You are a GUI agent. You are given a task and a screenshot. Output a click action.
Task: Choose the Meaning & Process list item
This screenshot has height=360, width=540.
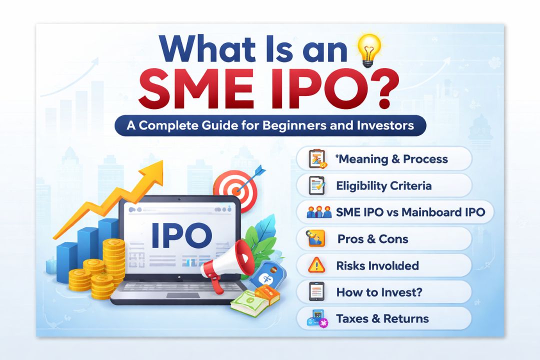point(392,159)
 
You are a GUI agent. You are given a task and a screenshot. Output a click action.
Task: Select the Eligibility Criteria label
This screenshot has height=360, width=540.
point(383,186)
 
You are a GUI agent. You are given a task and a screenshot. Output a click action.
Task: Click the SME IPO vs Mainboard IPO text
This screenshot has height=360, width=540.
point(410,212)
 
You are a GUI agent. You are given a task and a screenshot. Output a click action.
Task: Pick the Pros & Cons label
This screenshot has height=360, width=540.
point(372,239)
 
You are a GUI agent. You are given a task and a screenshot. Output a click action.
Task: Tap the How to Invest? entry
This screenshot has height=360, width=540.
point(379,292)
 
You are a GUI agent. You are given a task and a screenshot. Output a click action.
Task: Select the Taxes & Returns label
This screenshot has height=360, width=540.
point(382,318)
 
